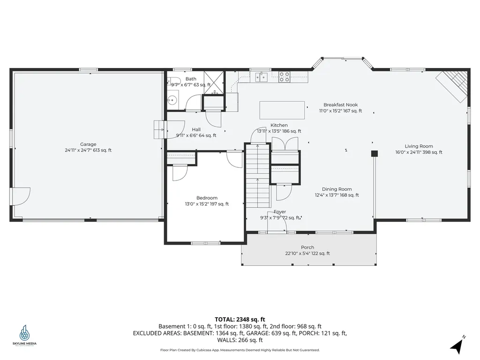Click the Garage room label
pos(88,144)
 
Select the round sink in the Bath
pos(172,99)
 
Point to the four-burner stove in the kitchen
pos(284,77)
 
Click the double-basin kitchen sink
pos(261,76)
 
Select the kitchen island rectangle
pos(282,110)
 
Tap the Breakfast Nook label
pos(340,105)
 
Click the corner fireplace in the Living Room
pos(453,86)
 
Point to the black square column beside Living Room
pos(374,153)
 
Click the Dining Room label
pos(337,189)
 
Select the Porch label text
pos(307,247)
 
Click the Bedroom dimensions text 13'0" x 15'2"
pos(207,204)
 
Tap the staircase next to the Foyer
pos(258,176)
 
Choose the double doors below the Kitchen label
pos(285,143)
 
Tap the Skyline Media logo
pos(24,335)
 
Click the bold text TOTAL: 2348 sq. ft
pos(240,319)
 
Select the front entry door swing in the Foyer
pos(277,225)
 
